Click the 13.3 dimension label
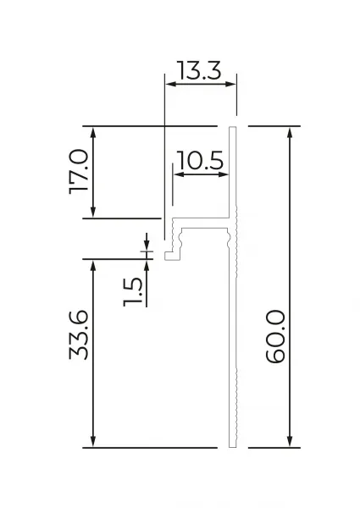[199, 70]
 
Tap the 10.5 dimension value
[200, 160]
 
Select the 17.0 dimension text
[79, 172]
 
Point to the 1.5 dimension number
[132, 292]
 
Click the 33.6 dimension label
[79, 335]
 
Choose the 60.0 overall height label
[275, 337]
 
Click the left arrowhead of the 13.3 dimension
[170, 84]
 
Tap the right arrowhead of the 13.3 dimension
[230, 84]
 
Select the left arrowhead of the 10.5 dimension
[180, 174]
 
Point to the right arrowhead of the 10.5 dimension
[224, 174]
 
